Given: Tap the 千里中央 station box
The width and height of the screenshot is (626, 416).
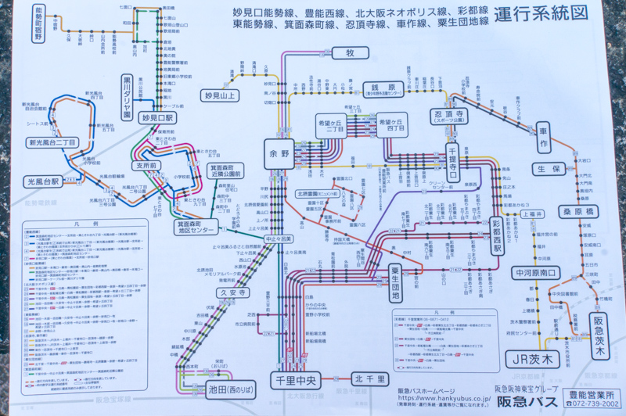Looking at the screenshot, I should pyautogui.click(x=295, y=381).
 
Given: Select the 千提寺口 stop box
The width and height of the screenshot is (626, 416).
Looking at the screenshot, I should pyautogui.click(x=452, y=159).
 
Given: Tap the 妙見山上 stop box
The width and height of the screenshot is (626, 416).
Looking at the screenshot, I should pyautogui.click(x=220, y=95).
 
